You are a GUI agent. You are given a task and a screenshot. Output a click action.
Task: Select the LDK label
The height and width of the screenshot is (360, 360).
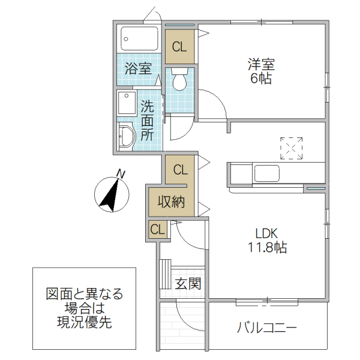(x=268, y=233)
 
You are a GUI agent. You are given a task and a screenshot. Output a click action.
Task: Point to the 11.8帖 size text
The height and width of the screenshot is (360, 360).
(x=268, y=247)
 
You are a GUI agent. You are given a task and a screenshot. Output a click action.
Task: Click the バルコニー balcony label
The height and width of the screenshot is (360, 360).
(x=267, y=328)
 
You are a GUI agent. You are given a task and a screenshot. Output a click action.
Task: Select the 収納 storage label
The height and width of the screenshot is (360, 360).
(x=171, y=202)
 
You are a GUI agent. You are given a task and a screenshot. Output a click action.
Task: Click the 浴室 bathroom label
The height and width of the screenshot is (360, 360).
(x=138, y=68)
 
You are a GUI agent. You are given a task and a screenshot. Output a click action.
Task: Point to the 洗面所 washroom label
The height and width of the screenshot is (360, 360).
(x=147, y=120)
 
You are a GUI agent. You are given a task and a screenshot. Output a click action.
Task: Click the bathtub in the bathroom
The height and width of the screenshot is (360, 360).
(x=139, y=39)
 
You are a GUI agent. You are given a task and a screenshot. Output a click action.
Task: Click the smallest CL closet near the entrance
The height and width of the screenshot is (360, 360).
(x=157, y=229)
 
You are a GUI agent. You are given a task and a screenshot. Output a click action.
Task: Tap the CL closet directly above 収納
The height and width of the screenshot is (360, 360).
(x=180, y=169)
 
